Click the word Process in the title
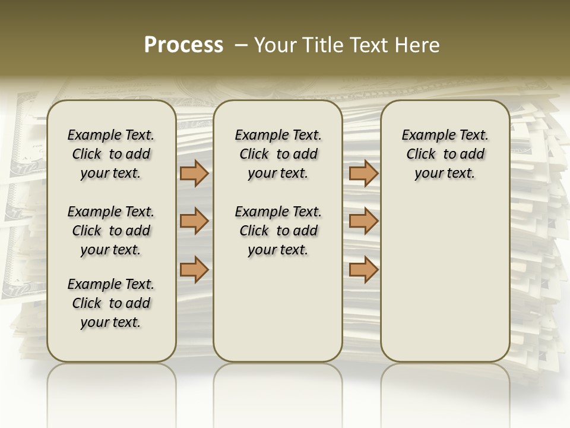(183, 45)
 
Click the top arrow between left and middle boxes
(194, 174)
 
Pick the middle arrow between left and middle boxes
(194, 221)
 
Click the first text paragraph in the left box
(111, 154)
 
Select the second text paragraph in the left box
(111, 231)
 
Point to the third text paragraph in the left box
(111, 303)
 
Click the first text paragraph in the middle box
(278, 154)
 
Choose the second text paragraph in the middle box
(278, 231)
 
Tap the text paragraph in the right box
(445, 154)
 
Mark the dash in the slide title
(241, 45)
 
